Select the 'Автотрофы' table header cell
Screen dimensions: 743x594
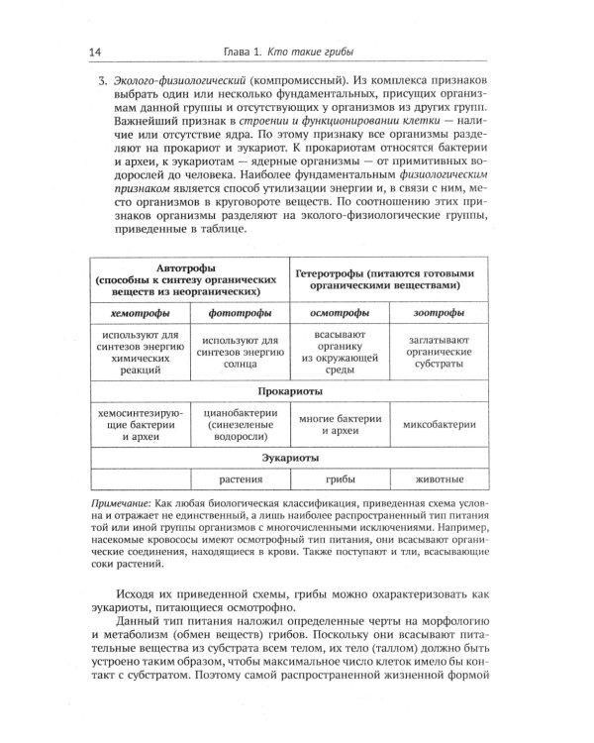187,280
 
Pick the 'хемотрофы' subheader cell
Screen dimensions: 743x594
140,314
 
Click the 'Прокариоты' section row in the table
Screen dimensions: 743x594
290,390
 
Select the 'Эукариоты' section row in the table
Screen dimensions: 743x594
290,459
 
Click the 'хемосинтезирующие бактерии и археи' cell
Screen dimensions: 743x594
140,425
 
